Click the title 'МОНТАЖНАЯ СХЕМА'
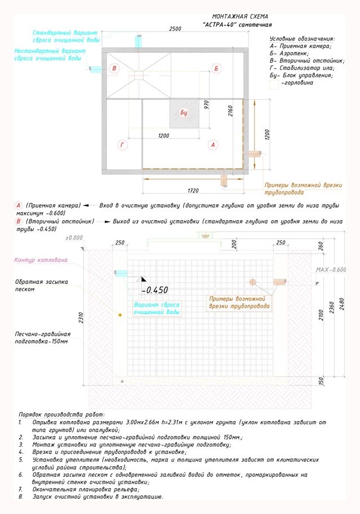tap(240, 17)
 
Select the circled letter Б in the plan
tap(216, 69)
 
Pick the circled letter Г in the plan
tap(122, 145)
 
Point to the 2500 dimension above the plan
tap(175, 29)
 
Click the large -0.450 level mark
tap(157, 290)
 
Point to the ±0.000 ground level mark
tap(74, 238)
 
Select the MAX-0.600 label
tap(331, 270)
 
